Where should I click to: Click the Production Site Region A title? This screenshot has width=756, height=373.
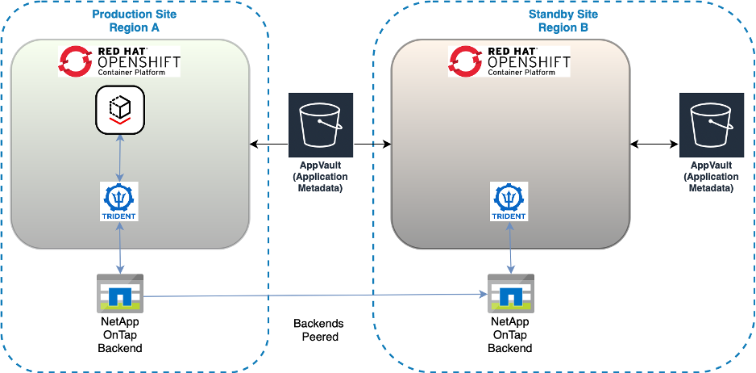click(135, 21)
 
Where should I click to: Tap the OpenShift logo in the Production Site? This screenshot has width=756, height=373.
click(119, 61)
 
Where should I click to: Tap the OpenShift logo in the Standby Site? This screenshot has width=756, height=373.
click(509, 61)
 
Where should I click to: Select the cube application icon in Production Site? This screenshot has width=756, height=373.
click(119, 110)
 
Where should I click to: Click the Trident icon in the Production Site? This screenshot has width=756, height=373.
click(119, 201)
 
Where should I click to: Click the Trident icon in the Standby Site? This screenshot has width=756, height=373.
click(509, 201)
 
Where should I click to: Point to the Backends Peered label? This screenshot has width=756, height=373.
click(318, 330)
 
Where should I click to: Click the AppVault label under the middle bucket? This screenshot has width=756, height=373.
click(319, 177)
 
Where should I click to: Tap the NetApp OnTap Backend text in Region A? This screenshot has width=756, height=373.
click(119, 334)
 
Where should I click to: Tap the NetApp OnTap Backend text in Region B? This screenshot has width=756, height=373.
click(509, 334)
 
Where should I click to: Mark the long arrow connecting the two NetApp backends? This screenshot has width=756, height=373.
click(314, 296)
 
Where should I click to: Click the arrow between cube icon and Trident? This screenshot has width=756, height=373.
click(119, 157)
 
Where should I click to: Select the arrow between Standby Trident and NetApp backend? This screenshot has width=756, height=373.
click(509, 248)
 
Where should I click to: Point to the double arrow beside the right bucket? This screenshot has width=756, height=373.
click(654, 145)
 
